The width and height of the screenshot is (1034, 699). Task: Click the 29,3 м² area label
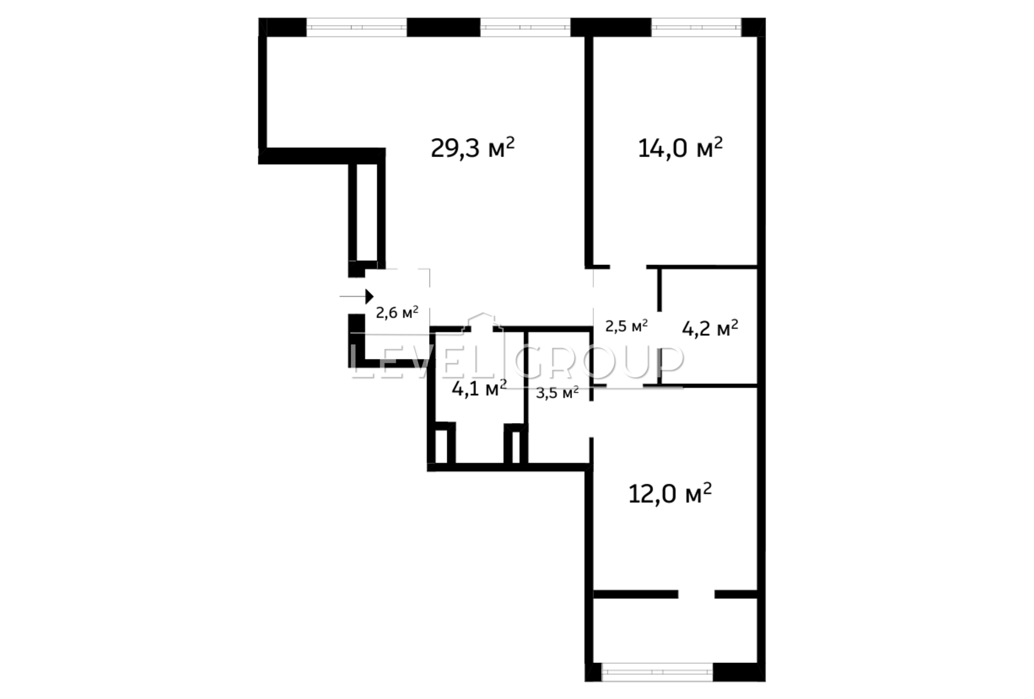(472, 148)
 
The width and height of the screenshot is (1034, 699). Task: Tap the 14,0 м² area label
(680, 148)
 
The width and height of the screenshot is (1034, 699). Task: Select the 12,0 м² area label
(670, 493)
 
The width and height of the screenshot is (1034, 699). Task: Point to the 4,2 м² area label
(710, 328)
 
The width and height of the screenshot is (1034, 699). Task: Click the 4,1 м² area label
(479, 388)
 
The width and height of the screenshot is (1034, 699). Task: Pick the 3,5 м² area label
(557, 393)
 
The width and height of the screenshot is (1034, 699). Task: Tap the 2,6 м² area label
(397, 313)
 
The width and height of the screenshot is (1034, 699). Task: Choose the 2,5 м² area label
(626, 326)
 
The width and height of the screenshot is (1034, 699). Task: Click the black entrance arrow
(356, 297)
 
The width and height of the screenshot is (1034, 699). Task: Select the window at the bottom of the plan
(657, 672)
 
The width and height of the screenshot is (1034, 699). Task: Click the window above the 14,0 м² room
(696, 27)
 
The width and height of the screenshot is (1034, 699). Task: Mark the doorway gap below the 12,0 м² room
(697, 594)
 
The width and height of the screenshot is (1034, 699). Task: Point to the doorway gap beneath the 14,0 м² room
(628, 267)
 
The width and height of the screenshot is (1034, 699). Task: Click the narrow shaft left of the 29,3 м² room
(367, 212)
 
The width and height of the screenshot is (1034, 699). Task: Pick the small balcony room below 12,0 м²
(675, 631)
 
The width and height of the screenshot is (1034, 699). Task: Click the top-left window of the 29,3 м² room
(356, 27)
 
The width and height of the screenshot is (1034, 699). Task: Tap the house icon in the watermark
(482, 322)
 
